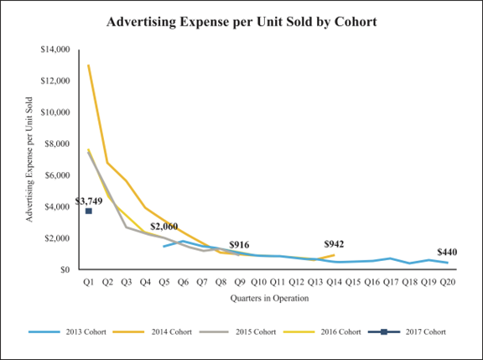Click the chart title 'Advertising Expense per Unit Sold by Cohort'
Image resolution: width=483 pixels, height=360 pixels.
click(241, 20)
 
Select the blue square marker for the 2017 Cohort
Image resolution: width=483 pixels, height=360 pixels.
click(88, 211)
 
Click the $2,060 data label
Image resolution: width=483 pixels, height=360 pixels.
click(164, 227)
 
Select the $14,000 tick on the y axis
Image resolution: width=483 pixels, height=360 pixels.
click(55, 50)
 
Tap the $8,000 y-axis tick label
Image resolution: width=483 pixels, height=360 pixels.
click(58, 143)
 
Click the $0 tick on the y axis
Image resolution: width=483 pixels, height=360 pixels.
click(65, 269)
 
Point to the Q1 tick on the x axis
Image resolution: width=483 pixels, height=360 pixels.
click(88, 282)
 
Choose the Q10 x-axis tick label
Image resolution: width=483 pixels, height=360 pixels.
click(259, 282)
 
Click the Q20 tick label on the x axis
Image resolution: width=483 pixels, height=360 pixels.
click(449, 282)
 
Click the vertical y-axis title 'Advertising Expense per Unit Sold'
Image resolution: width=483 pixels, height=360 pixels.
click(29, 159)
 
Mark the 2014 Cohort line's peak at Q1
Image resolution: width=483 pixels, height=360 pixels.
click(88, 65)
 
